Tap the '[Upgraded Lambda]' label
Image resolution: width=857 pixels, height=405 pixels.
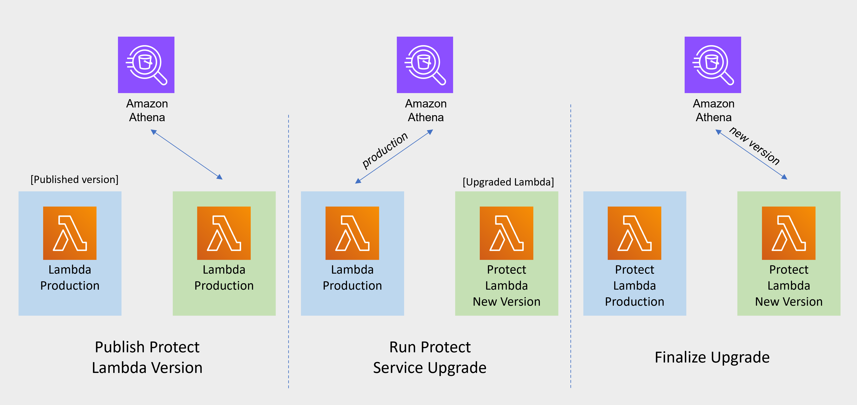tap(508, 182)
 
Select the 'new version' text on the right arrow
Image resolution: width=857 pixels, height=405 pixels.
tap(754, 146)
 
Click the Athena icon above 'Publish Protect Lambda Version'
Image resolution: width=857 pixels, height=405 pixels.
tap(146, 65)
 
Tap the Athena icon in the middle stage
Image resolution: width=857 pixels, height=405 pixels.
tap(425, 65)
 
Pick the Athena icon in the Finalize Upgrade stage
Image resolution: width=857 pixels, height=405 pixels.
tap(713, 65)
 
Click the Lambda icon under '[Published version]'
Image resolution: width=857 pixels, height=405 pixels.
tap(70, 233)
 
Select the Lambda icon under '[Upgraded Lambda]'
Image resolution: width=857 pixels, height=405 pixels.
tap(506, 233)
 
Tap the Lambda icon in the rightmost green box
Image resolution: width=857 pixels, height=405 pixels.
tap(788, 233)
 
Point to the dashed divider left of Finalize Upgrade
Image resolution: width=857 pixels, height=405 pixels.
tap(571, 246)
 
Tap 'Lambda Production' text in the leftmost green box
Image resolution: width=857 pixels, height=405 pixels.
tap(224, 277)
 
